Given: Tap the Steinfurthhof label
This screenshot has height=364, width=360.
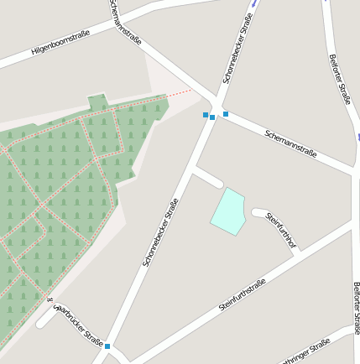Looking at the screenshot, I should click(x=281, y=231).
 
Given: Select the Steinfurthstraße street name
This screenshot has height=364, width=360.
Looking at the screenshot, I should click(x=242, y=294).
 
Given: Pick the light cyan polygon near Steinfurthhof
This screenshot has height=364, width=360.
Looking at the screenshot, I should click(x=228, y=211).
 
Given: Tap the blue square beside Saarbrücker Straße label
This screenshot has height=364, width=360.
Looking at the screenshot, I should click(x=107, y=346).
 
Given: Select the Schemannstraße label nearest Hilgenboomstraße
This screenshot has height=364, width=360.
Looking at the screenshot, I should click(x=125, y=25).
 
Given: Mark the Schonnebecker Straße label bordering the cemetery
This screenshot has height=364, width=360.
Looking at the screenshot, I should click(x=160, y=232).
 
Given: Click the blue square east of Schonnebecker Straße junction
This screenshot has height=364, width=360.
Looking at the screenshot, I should click(x=226, y=114).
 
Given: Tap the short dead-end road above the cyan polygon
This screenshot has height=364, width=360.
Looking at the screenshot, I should click(x=207, y=177).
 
